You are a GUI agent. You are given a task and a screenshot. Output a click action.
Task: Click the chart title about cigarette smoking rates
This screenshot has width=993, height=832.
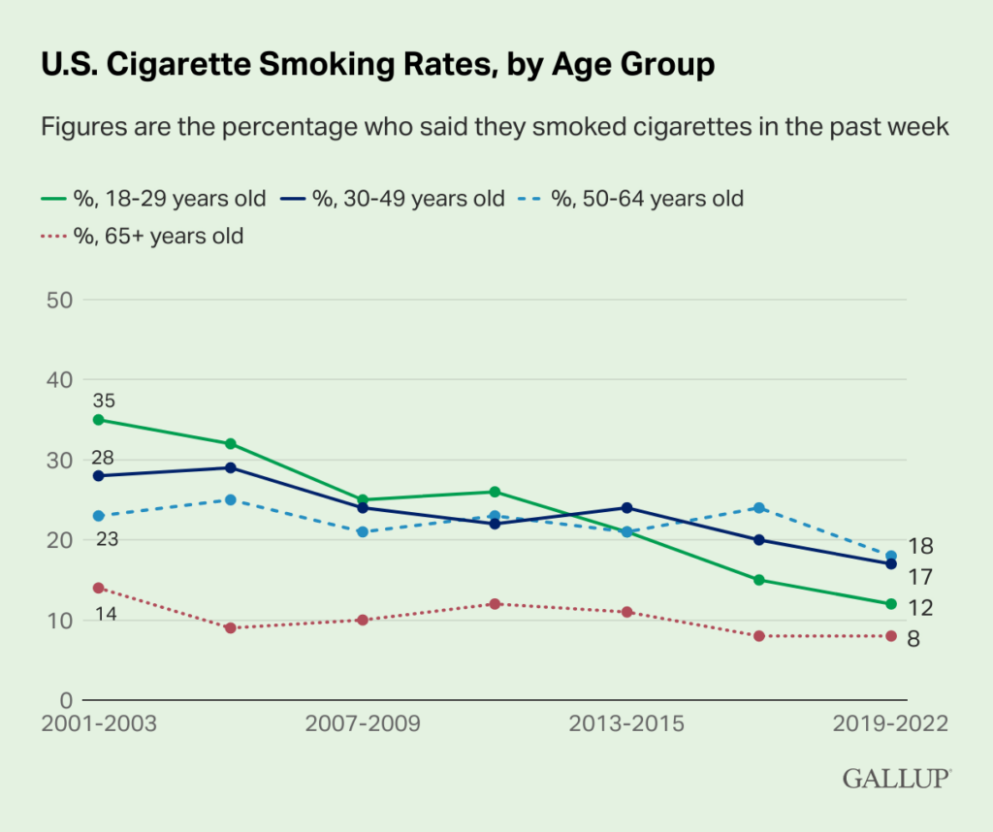377,64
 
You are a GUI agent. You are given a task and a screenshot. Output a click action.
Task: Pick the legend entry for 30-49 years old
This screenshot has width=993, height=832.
395,199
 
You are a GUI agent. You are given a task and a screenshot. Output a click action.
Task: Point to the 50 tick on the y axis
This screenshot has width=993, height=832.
60,300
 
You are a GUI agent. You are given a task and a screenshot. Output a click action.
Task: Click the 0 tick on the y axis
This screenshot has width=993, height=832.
67,700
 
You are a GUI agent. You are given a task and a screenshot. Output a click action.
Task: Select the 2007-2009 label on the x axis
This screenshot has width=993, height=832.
362,724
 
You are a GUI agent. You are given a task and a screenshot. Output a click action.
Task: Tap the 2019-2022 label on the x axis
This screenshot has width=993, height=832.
890,724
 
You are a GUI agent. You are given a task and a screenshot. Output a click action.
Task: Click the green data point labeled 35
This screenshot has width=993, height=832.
99,420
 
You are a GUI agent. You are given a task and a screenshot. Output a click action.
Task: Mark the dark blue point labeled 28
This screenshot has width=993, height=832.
99,476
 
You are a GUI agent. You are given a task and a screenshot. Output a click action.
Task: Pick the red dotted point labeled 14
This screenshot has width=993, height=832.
99,588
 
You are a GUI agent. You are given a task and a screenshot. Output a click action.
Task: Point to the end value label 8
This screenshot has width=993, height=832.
913,639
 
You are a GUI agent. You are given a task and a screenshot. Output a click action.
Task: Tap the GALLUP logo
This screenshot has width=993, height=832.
896,778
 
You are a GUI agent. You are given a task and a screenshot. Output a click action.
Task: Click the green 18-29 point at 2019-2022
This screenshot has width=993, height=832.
890,604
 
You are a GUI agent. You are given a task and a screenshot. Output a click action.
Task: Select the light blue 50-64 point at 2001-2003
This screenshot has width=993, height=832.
99,516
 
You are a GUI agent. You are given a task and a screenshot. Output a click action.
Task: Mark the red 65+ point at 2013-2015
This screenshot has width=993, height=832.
626,612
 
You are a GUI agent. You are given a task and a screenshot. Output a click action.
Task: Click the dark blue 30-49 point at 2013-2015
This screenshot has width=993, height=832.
626,507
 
